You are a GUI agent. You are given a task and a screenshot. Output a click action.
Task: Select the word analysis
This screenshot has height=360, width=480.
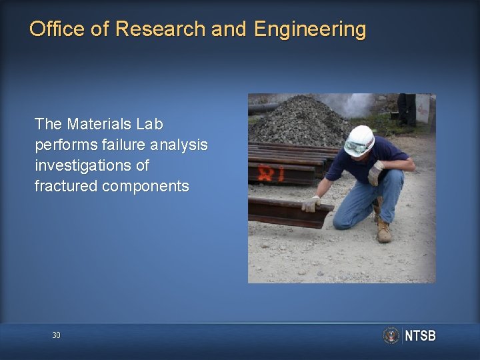(179, 145)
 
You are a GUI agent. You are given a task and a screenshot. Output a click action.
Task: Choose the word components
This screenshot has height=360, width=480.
(145, 186)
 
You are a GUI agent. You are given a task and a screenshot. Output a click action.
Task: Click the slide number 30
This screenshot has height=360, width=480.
(56, 335)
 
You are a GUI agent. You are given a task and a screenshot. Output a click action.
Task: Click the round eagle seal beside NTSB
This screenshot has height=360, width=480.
(391, 335)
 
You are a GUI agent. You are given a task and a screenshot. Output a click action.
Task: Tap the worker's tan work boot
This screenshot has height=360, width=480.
(384, 231)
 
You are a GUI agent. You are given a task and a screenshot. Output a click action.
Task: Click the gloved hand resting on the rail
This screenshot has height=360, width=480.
(311, 203)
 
